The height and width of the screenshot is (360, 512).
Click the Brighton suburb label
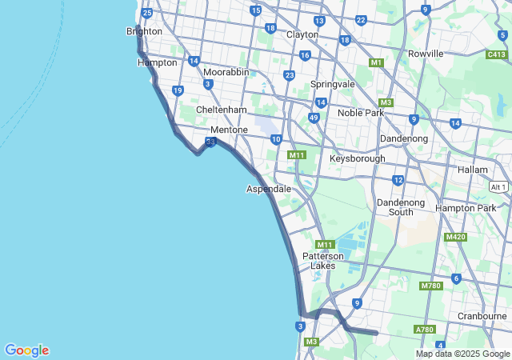[144, 31]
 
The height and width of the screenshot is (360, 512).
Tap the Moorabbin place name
[226, 72]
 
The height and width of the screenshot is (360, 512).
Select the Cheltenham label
[222, 110]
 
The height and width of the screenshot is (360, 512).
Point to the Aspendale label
[268, 189]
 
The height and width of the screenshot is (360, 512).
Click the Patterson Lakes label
[323, 261]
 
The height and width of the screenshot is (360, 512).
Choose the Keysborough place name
[357, 158]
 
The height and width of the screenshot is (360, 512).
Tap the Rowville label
[425, 54]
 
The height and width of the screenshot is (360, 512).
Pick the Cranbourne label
[482, 316]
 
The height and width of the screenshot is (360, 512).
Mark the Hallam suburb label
[472, 170]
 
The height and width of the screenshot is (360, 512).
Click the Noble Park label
[361, 113]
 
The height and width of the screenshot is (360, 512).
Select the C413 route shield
[496, 54]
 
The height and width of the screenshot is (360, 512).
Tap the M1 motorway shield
[376, 62]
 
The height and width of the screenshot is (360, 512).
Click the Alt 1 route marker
[498, 186]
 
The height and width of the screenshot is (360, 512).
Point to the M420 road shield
[455, 237]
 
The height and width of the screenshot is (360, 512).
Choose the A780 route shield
[424, 330]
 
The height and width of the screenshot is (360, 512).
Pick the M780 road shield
[430, 286]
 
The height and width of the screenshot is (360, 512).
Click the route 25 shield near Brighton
[146, 13]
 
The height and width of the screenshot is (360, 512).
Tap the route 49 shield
[314, 118]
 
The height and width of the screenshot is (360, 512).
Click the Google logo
[26, 350]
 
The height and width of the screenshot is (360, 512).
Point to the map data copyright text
[462, 354]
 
